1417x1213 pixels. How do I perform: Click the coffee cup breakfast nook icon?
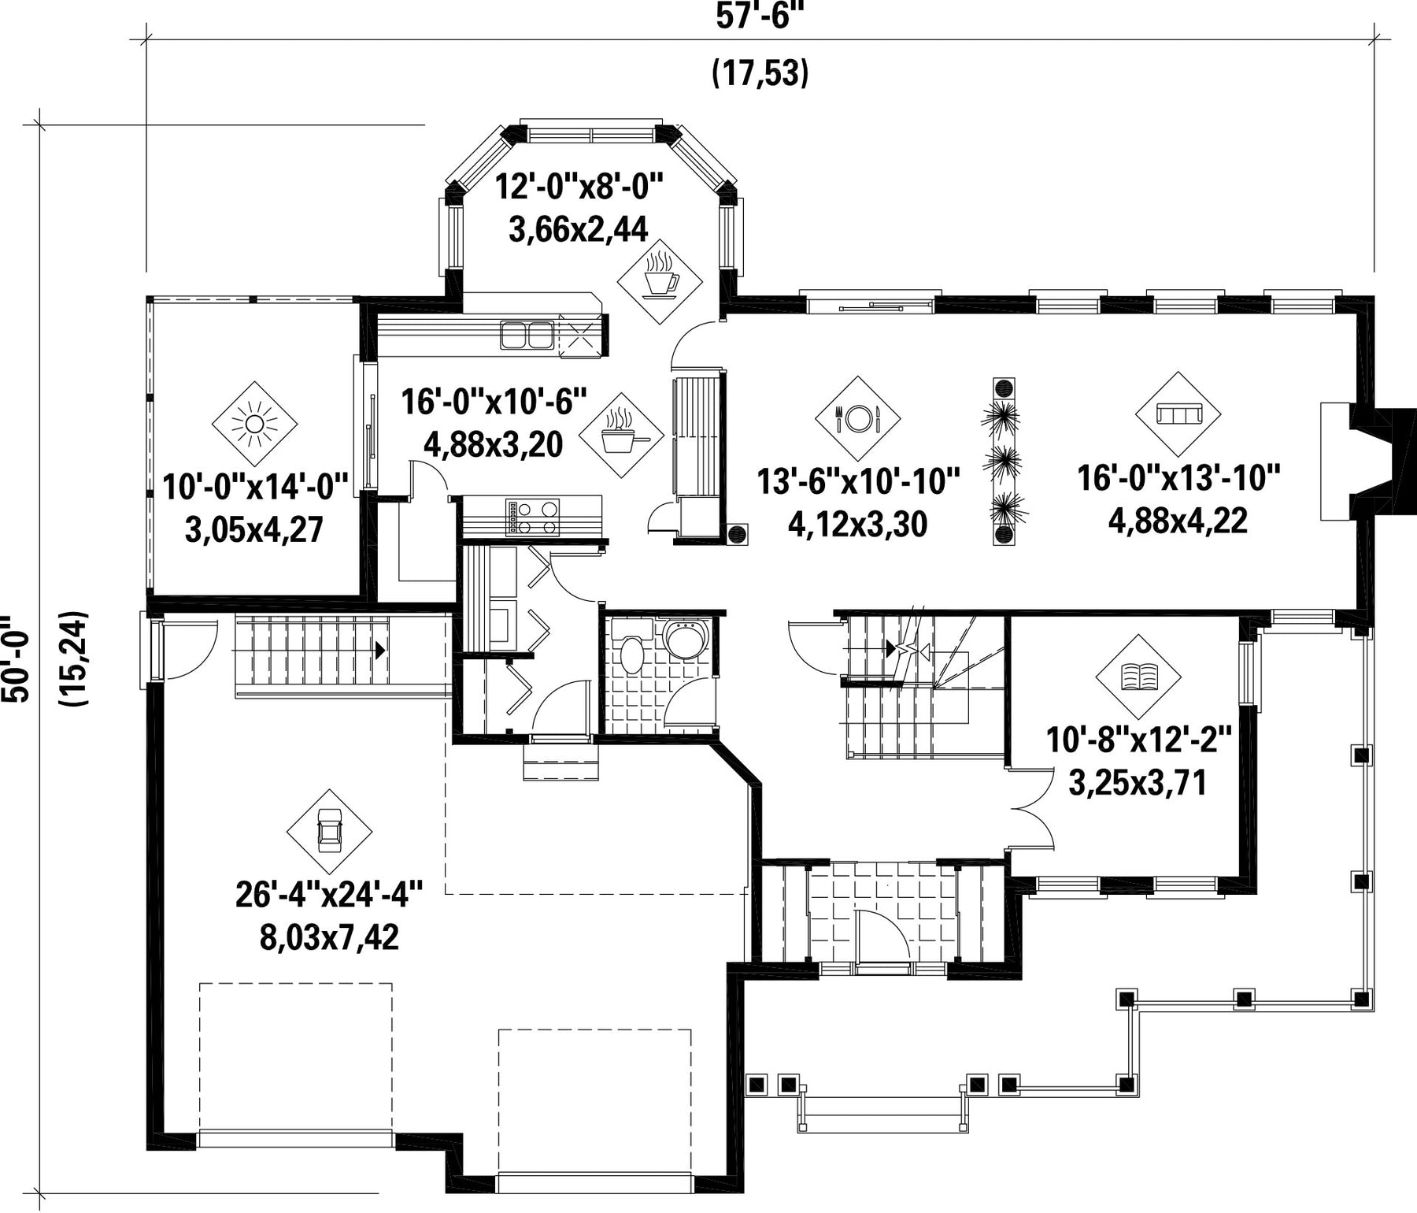(x=659, y=281)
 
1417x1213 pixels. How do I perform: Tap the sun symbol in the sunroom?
(x=254, y=425)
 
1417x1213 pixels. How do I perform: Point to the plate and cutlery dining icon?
(x=857, y=417)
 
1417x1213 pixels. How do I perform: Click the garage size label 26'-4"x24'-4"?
(x=329, y=896)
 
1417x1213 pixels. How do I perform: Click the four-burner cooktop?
(x=532, y=517)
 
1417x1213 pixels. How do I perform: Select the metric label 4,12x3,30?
(x=857, y=524)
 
